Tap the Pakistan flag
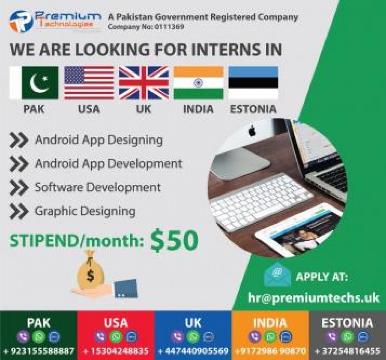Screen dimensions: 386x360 (34, 83)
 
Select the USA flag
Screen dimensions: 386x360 (89, 83)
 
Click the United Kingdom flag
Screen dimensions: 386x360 (144, 83)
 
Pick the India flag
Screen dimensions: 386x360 (198, 83)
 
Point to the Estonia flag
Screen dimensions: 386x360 (253, 83)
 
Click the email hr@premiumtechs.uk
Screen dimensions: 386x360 (313, 297)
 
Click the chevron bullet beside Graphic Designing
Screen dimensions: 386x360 (19, 211)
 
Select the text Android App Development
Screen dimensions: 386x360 (108, 163)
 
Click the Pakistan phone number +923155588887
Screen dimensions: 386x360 (39, 351)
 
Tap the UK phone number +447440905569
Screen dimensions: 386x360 (193, 351)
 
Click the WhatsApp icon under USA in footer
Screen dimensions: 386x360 (116, 336)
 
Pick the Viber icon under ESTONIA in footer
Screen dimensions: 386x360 (332, 336)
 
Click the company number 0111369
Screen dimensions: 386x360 (169, 27)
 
